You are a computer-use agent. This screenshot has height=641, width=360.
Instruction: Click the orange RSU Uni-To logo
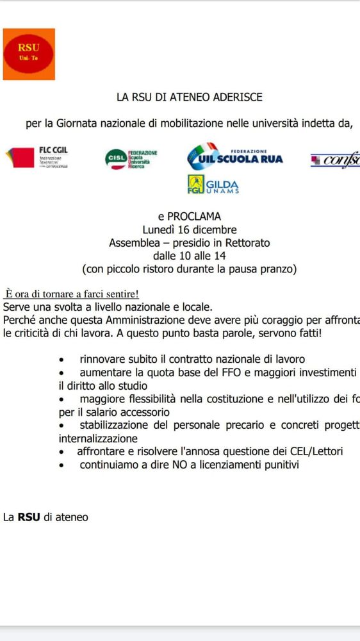coord(29,54)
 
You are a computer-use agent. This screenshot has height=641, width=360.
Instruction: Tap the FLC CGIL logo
coord(37,156)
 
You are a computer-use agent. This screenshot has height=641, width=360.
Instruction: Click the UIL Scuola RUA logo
coord(234,156)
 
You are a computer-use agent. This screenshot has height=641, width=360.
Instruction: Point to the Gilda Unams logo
coord(213,185)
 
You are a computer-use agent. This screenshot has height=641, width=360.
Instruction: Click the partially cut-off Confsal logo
coord(336,160)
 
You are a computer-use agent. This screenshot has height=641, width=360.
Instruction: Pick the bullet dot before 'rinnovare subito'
coord(61,360)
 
